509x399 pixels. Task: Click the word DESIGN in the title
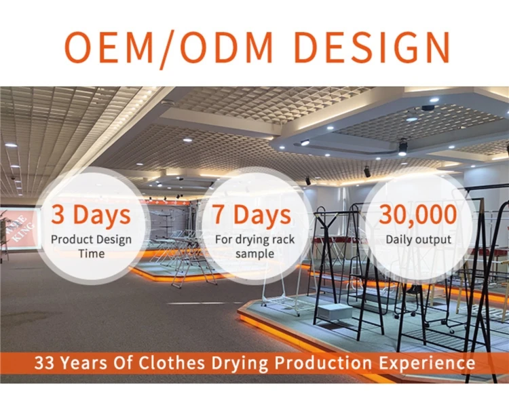tap(372, 46)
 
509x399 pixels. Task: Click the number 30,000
tap(418, 215)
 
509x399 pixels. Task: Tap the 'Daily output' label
tap(418, 240)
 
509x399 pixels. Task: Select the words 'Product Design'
tap(91, 240)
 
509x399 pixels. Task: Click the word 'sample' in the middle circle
tap(254, 254)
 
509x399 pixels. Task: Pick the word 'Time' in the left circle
tap(92, 253)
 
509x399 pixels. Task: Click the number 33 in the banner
tap(44, 362)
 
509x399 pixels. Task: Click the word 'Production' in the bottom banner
tap(323, 362)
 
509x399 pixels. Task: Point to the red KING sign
tap(22, 228)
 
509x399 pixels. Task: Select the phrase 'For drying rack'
tap(254, 240)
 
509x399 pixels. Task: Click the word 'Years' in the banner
tap(83, 362)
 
